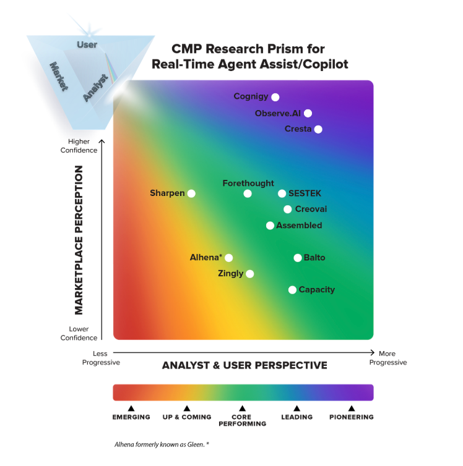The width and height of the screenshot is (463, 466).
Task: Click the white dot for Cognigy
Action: point(275,97)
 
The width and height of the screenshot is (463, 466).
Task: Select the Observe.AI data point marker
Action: point(308,113)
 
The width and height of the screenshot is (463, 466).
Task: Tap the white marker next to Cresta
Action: point(318,129)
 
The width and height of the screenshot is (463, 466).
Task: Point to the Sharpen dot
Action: point(191,193)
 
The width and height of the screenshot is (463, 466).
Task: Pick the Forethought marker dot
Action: point(248,193)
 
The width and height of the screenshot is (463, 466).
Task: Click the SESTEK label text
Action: point(305,193)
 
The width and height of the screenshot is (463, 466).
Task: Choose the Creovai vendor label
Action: point(311,210)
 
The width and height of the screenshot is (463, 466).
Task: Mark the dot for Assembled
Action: point(270,226)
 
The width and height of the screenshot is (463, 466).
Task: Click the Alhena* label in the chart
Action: point(206,258)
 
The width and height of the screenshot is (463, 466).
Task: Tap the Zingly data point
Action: point(249,274)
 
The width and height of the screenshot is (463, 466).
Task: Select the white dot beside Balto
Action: point(298,258)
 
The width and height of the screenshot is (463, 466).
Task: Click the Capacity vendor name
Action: point(316,290)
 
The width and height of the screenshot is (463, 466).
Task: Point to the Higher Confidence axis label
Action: point(79,146)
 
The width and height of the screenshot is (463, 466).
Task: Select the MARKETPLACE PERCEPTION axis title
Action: point(79,240)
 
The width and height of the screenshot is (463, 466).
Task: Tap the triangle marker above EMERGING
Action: point(131,408)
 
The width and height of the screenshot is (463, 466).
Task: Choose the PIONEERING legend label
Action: point(351,417)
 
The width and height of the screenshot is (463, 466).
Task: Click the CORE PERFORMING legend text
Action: point(241,420)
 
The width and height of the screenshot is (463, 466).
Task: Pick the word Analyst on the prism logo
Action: point(95,87)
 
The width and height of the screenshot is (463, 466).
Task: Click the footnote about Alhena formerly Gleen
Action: point(162,444)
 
